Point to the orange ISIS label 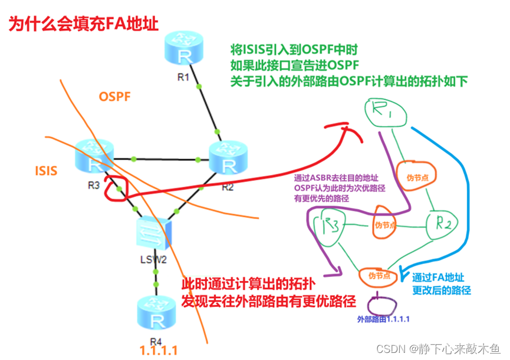46,171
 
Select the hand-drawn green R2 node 443,224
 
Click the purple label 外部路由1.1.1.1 383,319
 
